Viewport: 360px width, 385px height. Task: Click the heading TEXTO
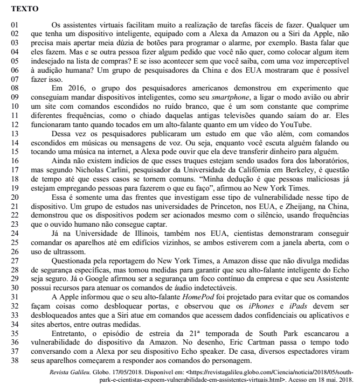(x=20, y=9)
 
